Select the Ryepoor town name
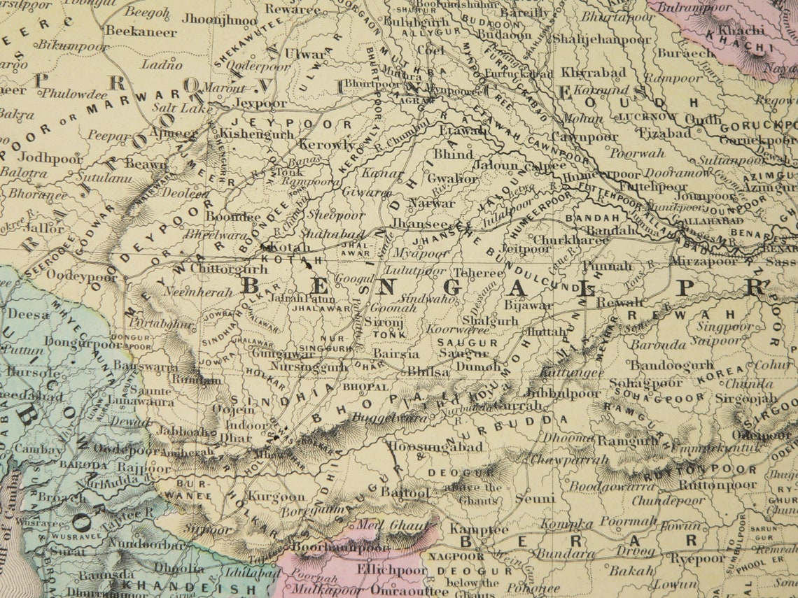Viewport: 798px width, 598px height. tap(697, 559)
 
